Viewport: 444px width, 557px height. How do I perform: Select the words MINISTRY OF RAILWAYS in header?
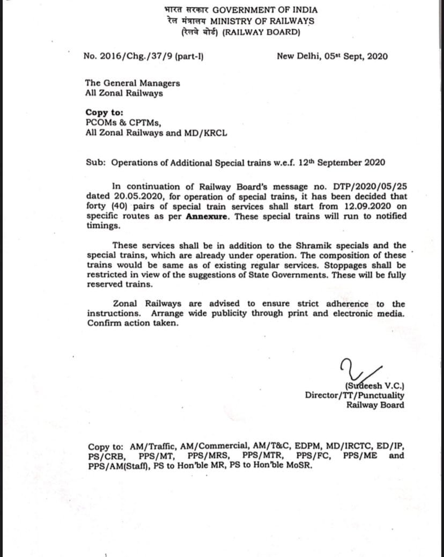(262, 21)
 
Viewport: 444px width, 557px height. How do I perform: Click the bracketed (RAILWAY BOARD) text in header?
(261, 32)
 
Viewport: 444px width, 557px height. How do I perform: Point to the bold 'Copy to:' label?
(104, 113)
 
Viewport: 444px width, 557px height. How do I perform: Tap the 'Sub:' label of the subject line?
(95, 163)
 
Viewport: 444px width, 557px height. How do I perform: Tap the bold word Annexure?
(208, 216)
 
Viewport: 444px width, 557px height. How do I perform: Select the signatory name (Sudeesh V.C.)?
(375, 386)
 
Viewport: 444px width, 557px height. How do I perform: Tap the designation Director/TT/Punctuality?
(354, 395)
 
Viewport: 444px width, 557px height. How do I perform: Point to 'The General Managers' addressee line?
(132, 83)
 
